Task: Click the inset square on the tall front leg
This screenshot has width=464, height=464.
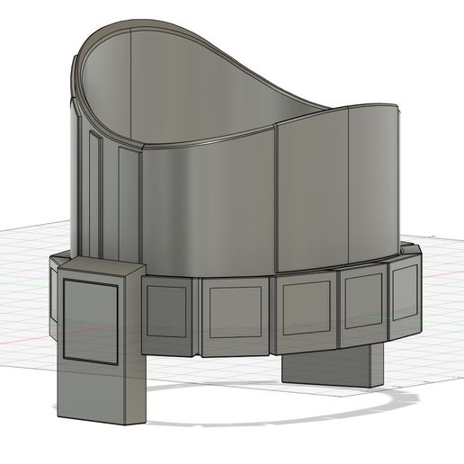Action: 90,321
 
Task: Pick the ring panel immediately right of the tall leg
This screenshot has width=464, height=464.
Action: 166,314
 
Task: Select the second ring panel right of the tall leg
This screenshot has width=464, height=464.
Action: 234,314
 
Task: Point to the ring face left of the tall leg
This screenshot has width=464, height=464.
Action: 52,297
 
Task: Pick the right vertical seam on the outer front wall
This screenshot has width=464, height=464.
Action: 349,184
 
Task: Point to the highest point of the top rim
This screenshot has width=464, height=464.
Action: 135,24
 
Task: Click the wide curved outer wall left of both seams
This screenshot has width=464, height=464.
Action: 207,207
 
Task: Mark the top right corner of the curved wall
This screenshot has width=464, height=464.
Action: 395,106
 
